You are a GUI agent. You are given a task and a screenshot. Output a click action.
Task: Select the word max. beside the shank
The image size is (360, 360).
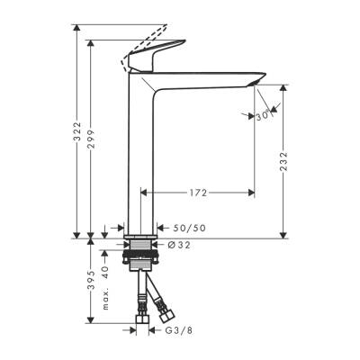(104, 298)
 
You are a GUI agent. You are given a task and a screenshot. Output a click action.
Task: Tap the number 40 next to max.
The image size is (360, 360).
(104, 270)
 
